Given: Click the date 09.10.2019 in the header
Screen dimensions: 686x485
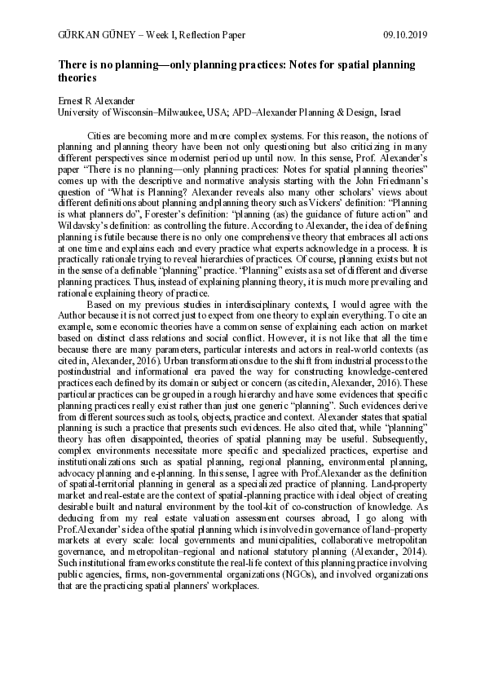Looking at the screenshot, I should tap(405, 35).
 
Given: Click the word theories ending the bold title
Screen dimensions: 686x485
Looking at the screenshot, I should tap(77, 78).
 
